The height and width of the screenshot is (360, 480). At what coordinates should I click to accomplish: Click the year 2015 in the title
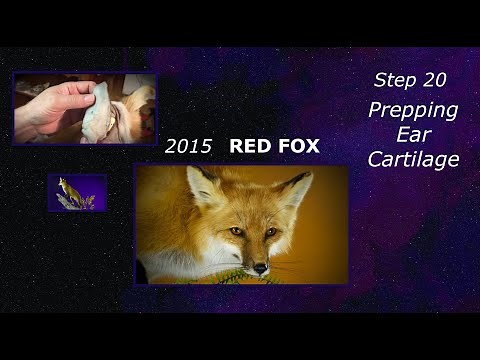point(188,147)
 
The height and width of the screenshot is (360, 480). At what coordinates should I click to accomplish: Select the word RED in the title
point(248,147)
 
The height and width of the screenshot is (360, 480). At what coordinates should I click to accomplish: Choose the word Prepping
point(413,110)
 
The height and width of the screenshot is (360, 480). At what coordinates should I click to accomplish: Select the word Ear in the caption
point(413,134)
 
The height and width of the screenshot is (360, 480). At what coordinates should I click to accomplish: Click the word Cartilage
point(413,159)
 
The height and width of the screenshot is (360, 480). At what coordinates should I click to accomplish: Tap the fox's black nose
point(259,267)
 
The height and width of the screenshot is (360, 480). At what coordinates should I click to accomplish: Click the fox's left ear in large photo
point(204,187)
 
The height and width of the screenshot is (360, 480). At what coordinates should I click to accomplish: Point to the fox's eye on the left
point(235,231)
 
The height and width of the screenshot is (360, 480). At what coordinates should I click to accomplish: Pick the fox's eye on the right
point(270,231)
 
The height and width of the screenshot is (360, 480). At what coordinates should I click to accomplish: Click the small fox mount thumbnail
point(77,193)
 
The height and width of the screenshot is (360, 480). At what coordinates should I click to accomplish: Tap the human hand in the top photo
point(50,108)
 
